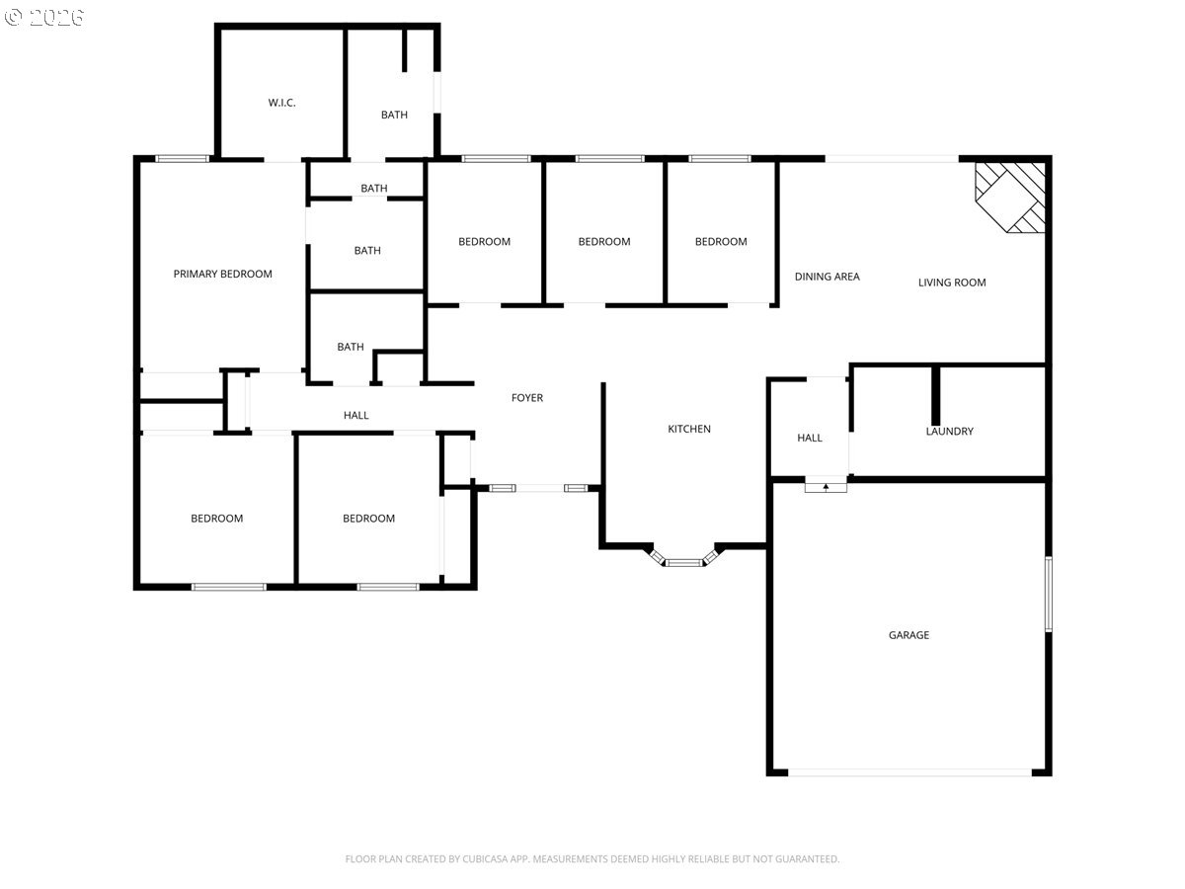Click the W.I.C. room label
coord(281,103)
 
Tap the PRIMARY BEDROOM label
coord(222,274)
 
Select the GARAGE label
coord(908,635)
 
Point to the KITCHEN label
coord(689,429)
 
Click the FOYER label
coord(527,398)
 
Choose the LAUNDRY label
coord(949,432)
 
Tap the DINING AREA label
coord(827,277)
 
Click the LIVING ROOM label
coord(952,283)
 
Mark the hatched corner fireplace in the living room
coord(1009,198)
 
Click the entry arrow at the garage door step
coord(826,487)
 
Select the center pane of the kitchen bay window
coord(683,563)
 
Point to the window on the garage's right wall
coord(1049,594)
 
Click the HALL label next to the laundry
coord(809,438)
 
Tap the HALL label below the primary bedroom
coord(355,415)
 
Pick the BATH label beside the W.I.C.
coord(394,115)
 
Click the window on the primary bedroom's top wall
coord(182,159)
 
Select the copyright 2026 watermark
coord(44,17)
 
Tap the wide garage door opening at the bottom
coord(909,772)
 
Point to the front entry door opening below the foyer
coord(540,488)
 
